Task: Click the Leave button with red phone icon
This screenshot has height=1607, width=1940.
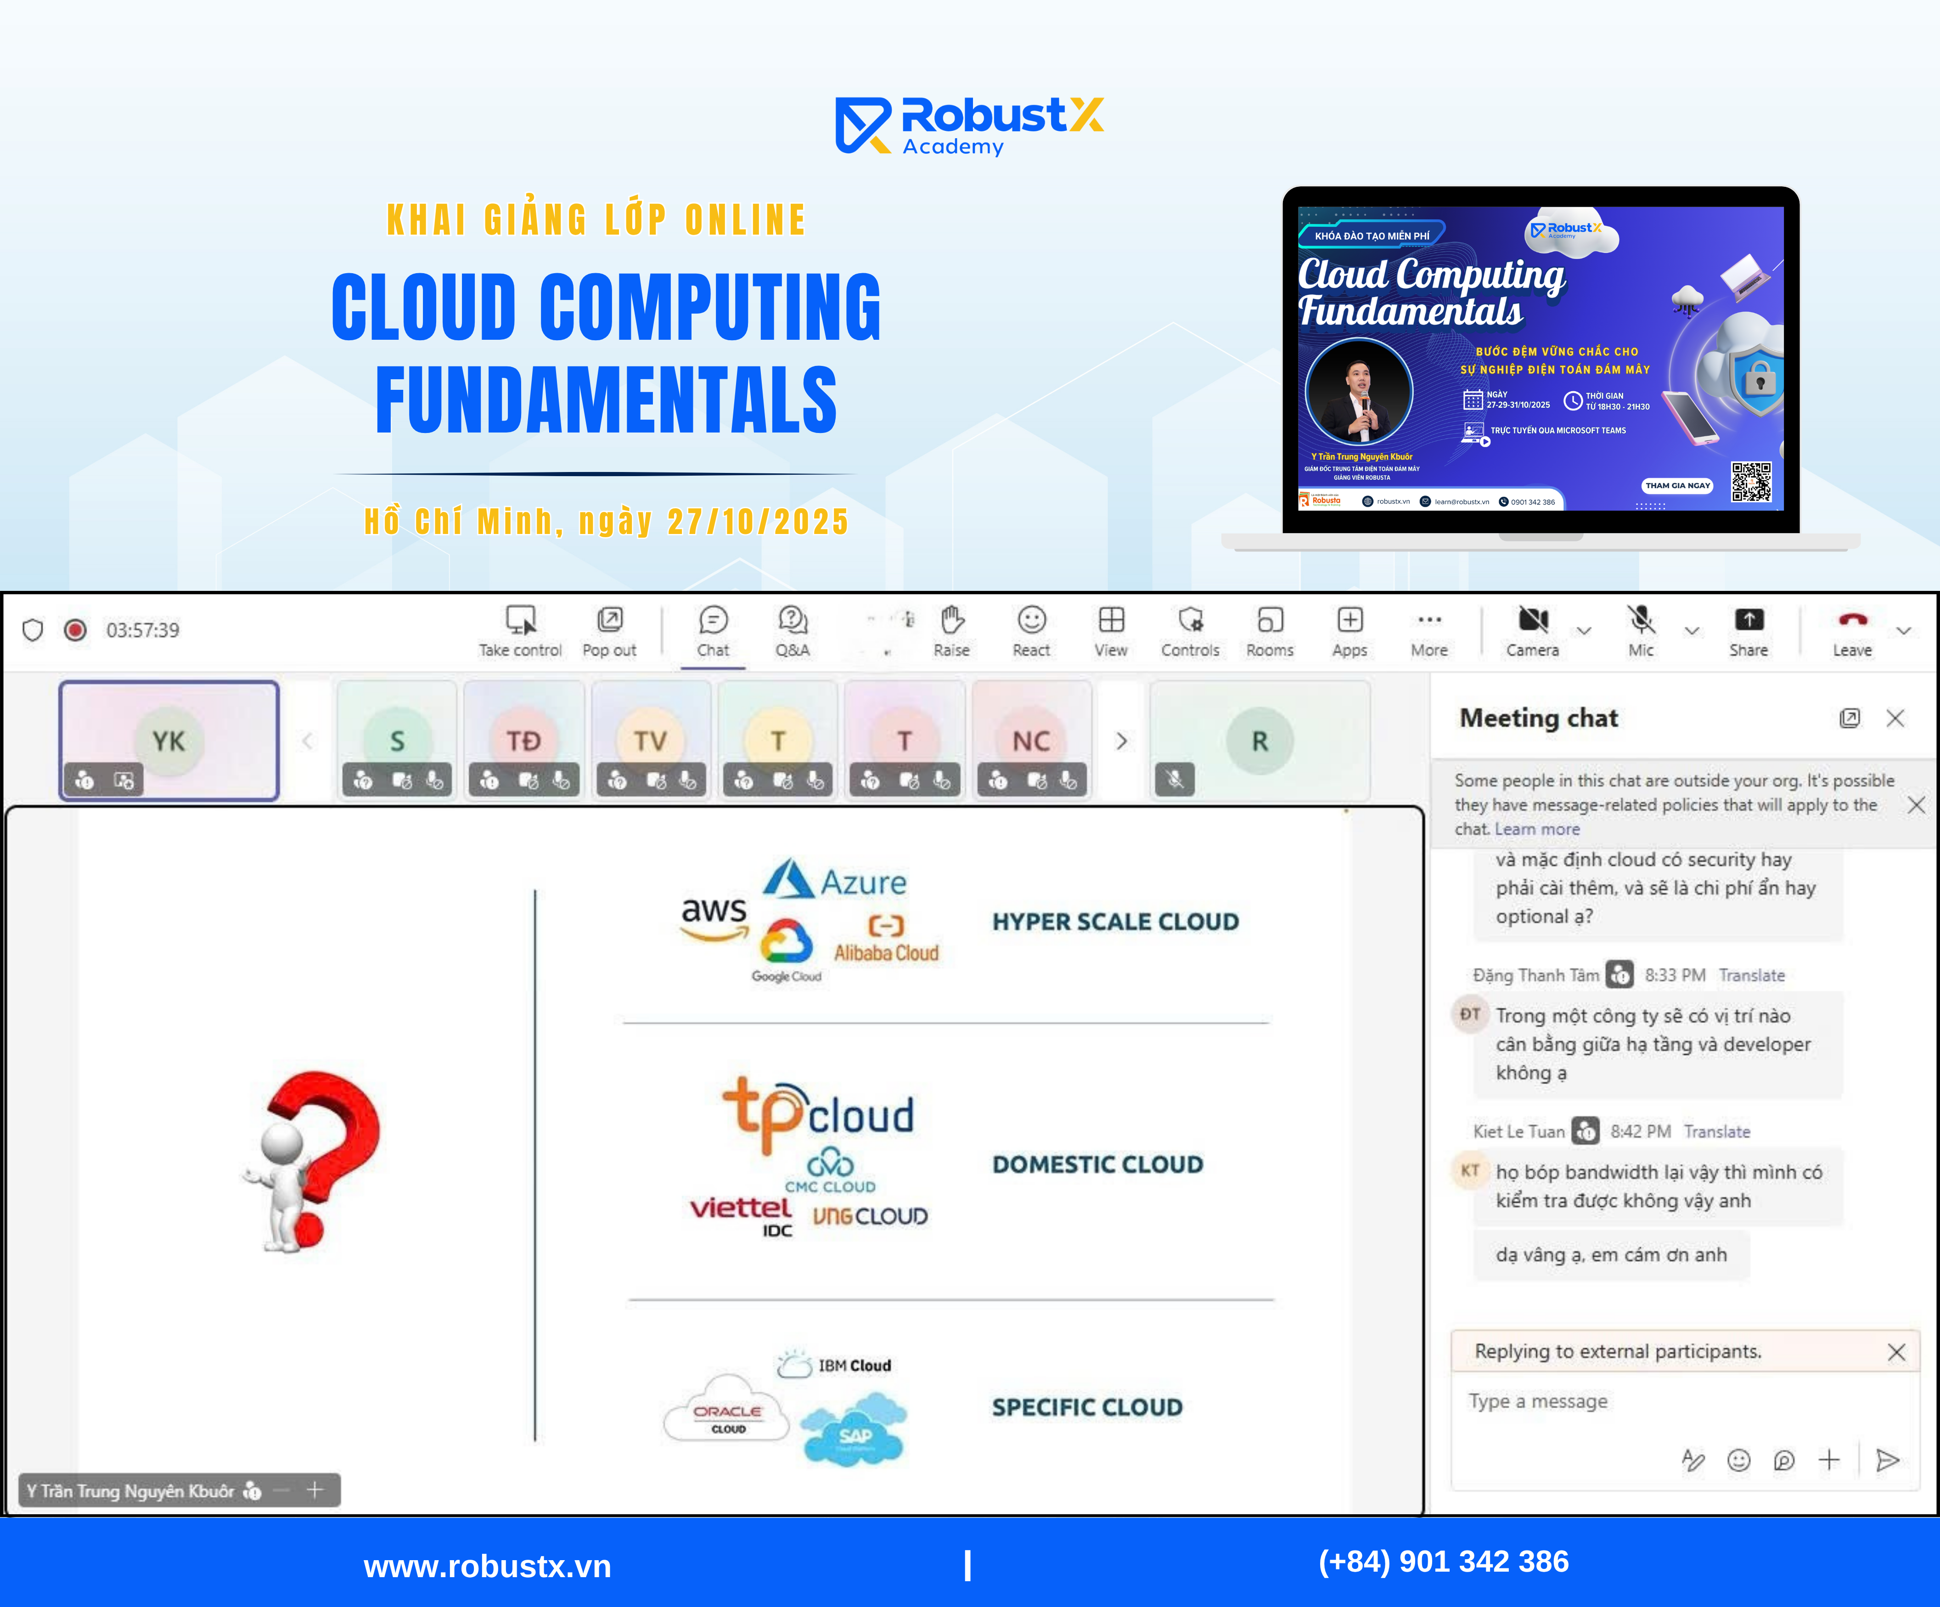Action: click(x=1852, y=631)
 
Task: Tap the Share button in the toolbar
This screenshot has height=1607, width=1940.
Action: click(x=1748, y=631)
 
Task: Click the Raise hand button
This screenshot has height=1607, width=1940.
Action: click(x=951, y=631)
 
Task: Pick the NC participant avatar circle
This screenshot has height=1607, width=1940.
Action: click(x=1031, y=741)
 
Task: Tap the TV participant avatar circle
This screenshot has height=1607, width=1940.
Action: click(x=650, y=741)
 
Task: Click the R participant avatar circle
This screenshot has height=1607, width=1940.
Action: click(x=1259, y=741)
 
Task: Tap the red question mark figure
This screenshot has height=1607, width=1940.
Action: click(x=314, y=1159)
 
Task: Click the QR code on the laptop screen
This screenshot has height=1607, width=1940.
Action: click(x=1751, y=482)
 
